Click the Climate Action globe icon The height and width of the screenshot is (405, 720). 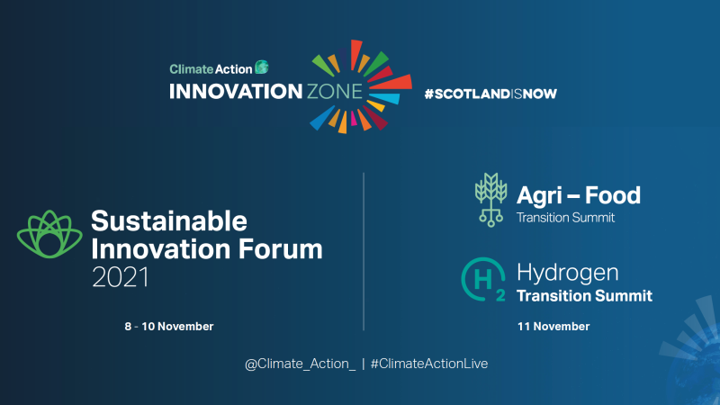(262, 67)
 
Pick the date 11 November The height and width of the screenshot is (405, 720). (553, 326)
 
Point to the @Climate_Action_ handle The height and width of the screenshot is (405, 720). (300, 363)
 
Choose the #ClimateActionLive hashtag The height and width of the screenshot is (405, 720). (429, 363)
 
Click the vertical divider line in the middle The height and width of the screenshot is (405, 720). (364, 251)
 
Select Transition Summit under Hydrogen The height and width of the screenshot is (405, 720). (584, 295)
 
